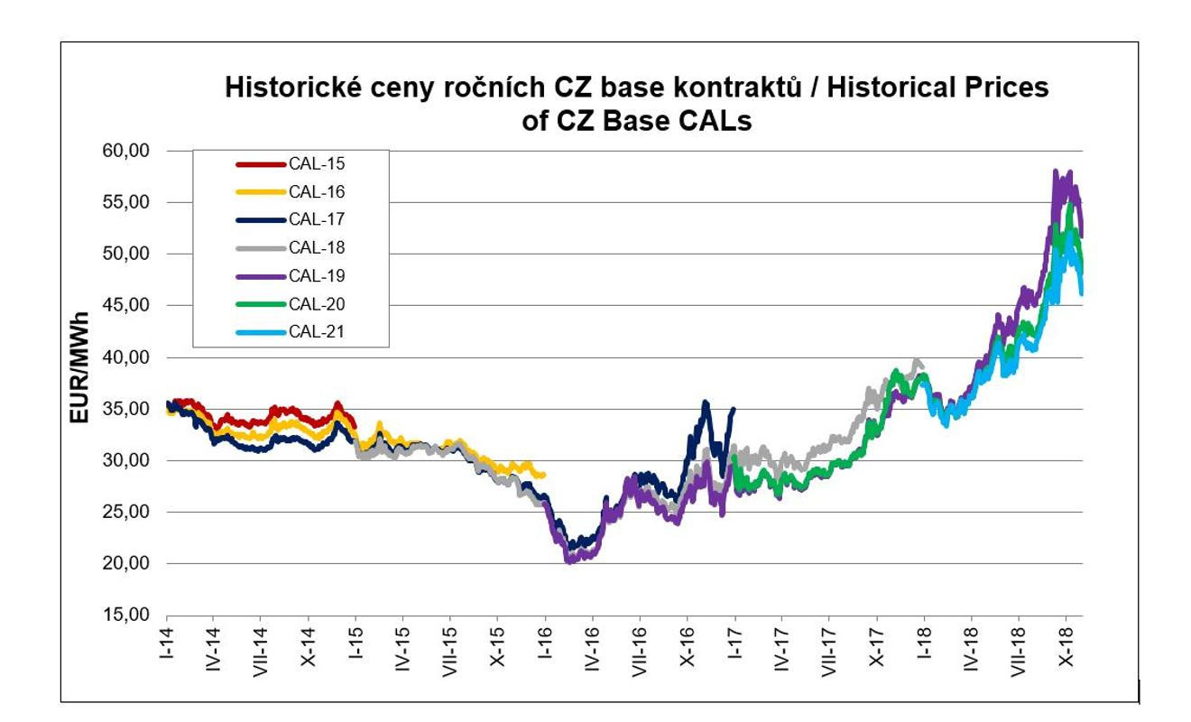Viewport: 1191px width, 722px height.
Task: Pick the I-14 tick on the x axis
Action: pos(167,642)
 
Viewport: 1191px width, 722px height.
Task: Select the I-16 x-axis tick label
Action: pos(546,642)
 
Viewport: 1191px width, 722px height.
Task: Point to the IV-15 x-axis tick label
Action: pos(403,645)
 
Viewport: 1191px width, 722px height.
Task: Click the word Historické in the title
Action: pos(286,88)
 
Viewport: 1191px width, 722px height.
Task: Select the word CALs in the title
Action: pos(716,121)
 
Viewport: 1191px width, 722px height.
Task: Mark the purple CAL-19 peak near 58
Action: pos(1056,171)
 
